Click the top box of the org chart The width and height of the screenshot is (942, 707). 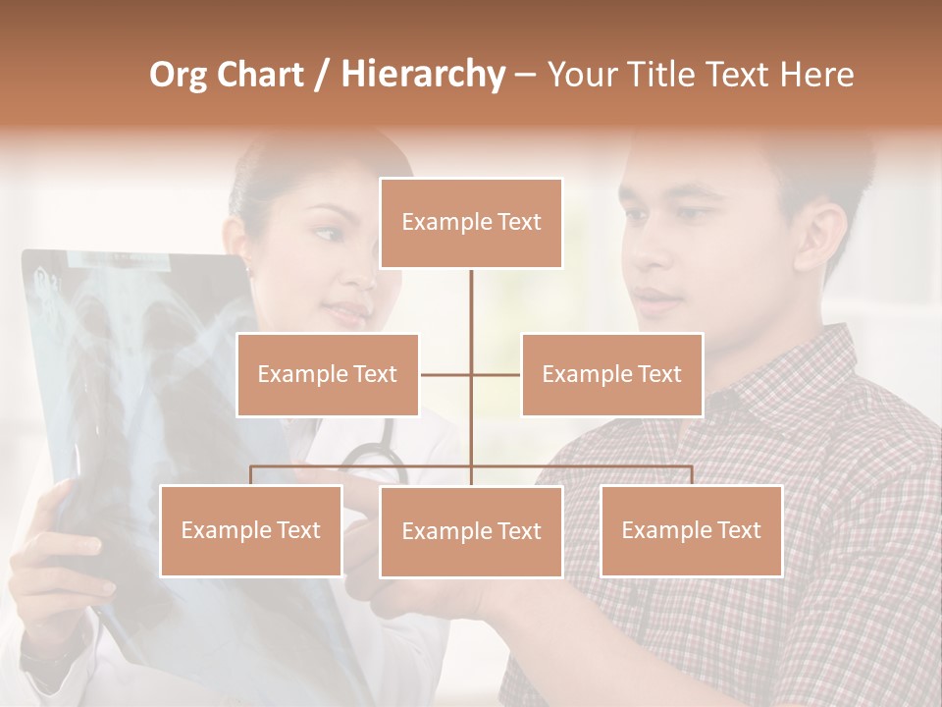point(471,223)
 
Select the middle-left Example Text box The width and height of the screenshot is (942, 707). point(328,374)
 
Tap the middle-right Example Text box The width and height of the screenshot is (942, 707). point(611,374)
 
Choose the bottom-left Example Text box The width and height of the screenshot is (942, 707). point(251,530)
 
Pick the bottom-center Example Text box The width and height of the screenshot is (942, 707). point(471,531)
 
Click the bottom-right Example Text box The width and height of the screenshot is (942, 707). point(691,530)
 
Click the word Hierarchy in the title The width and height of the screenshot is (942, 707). point(423,75)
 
